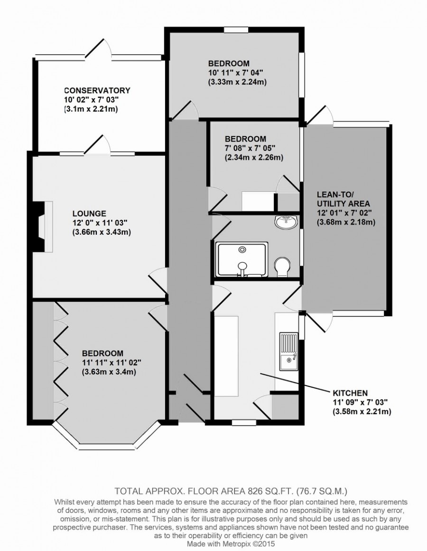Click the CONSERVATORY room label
coord(97,90)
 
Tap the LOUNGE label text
coord(89,213)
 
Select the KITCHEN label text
coord(350,393)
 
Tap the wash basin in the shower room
coord(287,221)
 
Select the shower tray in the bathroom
coord(242,259)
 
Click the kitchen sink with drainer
coord(288,351)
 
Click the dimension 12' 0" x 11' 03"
coord(100,222)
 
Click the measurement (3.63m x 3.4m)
coord(109,372)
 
